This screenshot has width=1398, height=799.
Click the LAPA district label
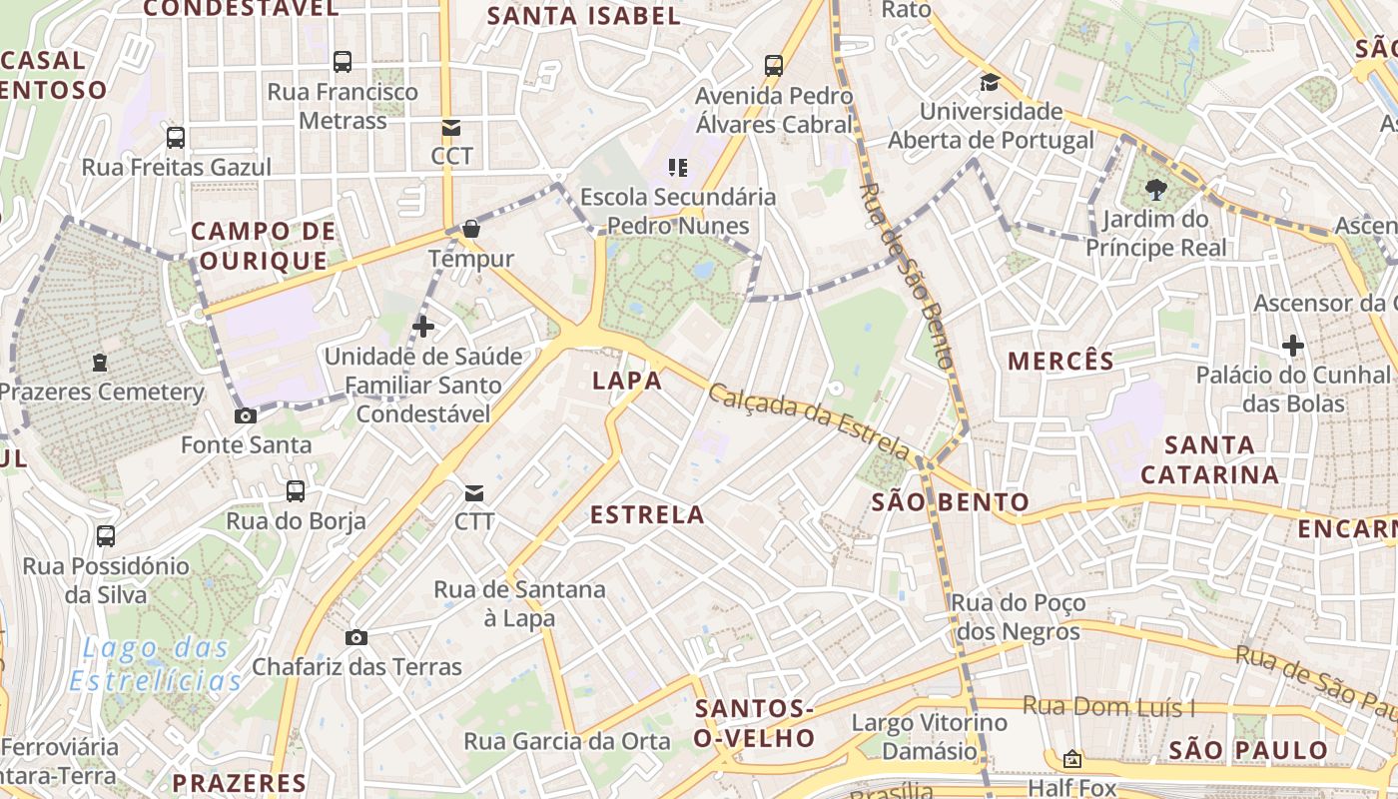[627, 381]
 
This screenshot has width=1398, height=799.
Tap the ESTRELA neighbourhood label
[647, 515]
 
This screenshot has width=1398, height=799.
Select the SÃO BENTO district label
[950, 502]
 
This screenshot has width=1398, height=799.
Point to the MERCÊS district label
[1060, 362]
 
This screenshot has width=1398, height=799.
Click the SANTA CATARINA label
[1209, 459]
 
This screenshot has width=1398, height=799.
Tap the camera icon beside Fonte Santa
[246, 415]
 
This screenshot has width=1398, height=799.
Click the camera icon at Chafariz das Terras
[356, 637]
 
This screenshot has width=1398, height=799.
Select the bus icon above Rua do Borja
[296, 490]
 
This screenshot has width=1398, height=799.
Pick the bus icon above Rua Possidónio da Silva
[106, 535]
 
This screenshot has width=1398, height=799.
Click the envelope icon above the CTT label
[474, 492]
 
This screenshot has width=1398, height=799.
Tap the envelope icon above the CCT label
[451, 127]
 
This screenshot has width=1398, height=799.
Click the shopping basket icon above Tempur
[471, 229]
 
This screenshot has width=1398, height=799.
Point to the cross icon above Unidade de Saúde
[423, 326]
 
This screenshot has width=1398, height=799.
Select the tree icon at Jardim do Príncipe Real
[1156, 189]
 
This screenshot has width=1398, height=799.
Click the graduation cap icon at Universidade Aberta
[990, 82]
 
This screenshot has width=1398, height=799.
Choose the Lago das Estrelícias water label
[157, 665]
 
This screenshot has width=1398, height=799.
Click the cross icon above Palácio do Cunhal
[1293, 346]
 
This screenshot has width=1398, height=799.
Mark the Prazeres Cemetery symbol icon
[100, 362]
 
